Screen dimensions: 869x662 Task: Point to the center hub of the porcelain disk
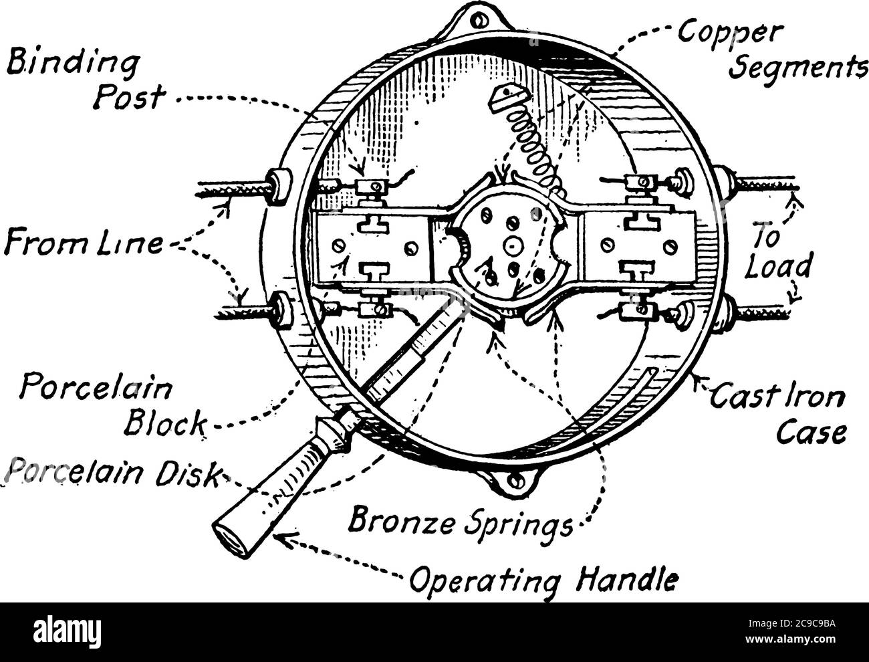coord(513,246)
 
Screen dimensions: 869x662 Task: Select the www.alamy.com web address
coord(790,639)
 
